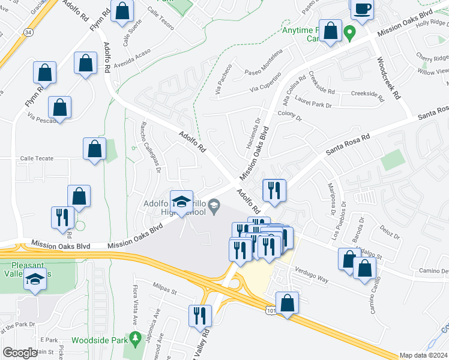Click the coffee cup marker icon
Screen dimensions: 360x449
tap(363, 9)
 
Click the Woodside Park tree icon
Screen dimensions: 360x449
tap(134, 340)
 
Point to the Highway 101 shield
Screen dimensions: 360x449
tap(270, 308)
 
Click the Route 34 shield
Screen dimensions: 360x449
tap(28, 47)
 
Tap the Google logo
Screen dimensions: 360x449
tap(20, 353)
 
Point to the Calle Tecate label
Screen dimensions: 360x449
tap(37, 158)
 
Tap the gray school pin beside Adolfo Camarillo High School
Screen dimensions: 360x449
tap(213, 208)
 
